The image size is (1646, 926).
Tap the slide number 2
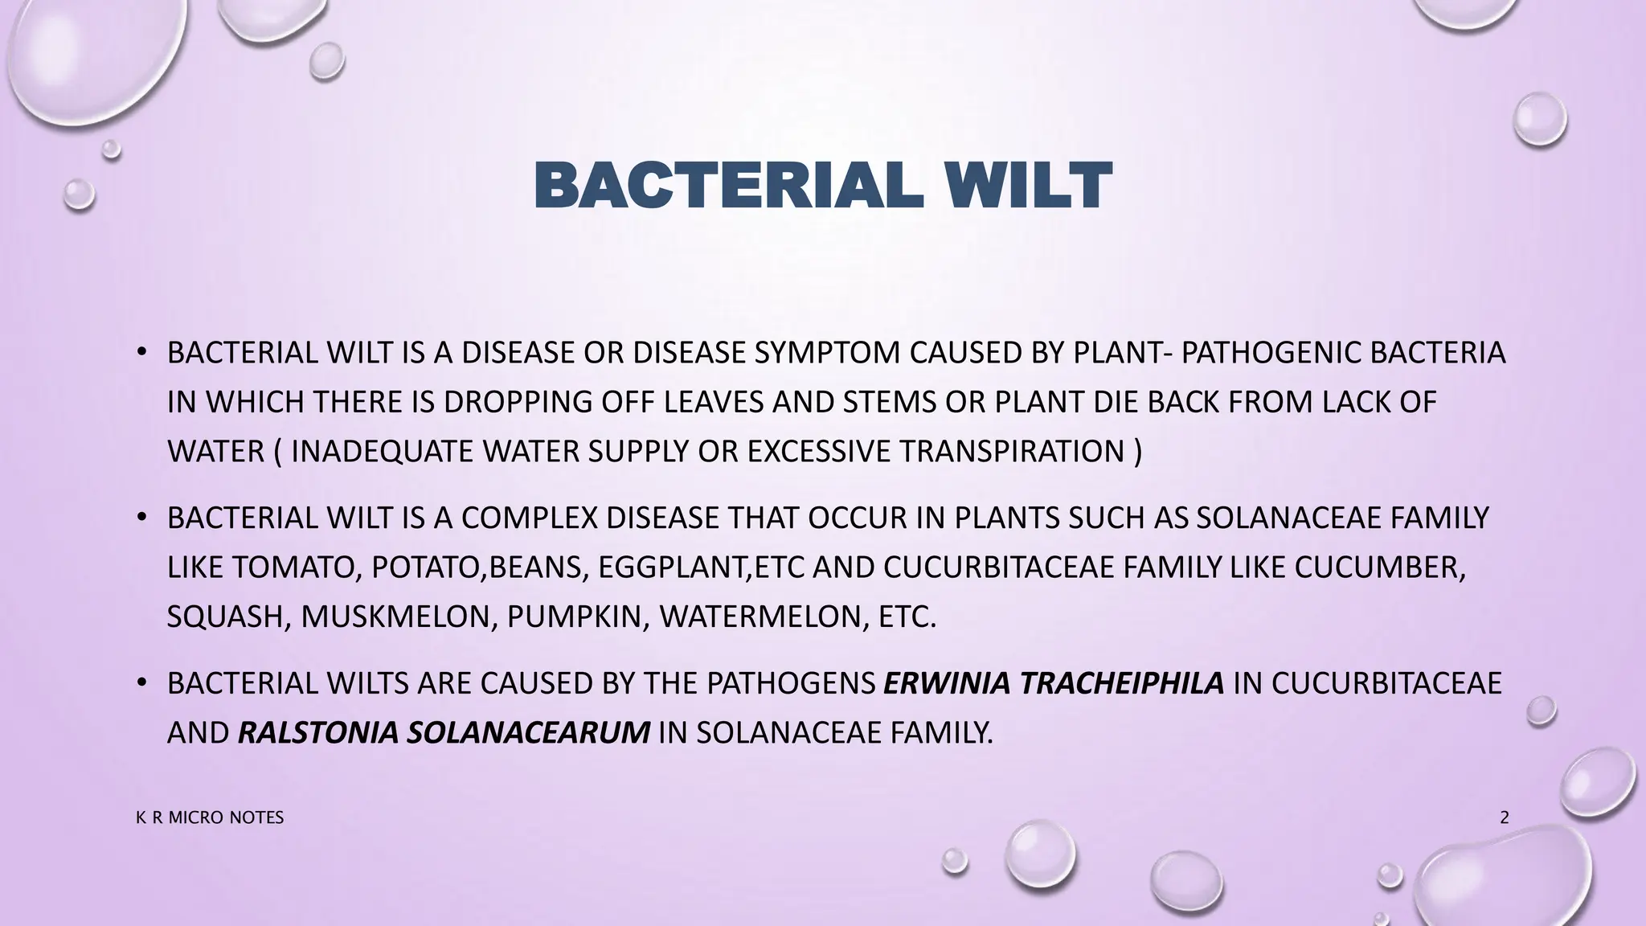tap(1505, 817)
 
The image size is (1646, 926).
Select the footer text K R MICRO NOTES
tap(210, 817)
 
